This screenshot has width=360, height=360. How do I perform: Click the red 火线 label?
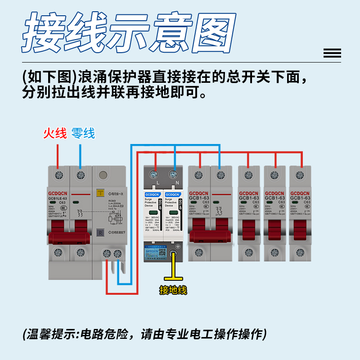[x=55, y=134]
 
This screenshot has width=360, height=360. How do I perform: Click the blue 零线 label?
[x=83, y=134]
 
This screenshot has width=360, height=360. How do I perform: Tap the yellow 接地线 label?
[x=173, y=290]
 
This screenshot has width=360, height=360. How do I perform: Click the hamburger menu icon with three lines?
[x=332, y=54]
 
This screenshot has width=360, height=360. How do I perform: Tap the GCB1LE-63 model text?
[x=58, y=198]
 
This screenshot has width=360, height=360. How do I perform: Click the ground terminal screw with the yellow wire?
[x=173, y=255]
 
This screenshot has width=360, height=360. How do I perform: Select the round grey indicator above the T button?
[x=103, y=175]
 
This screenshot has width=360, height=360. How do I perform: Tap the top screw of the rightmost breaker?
[x=300, y=175]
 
